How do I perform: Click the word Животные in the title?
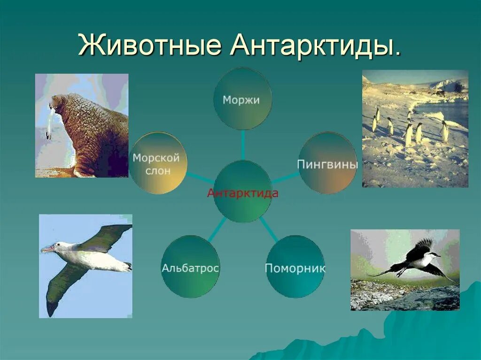click(149, 46)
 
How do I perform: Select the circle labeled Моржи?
click(242, 99)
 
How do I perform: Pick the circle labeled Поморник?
click(295, 268)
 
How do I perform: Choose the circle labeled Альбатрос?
click(190, 268)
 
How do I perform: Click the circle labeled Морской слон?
click(158, 163)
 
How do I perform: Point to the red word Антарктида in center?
click(242, 193)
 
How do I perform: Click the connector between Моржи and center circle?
click(243, 145)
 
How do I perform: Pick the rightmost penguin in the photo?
click(444, 131)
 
